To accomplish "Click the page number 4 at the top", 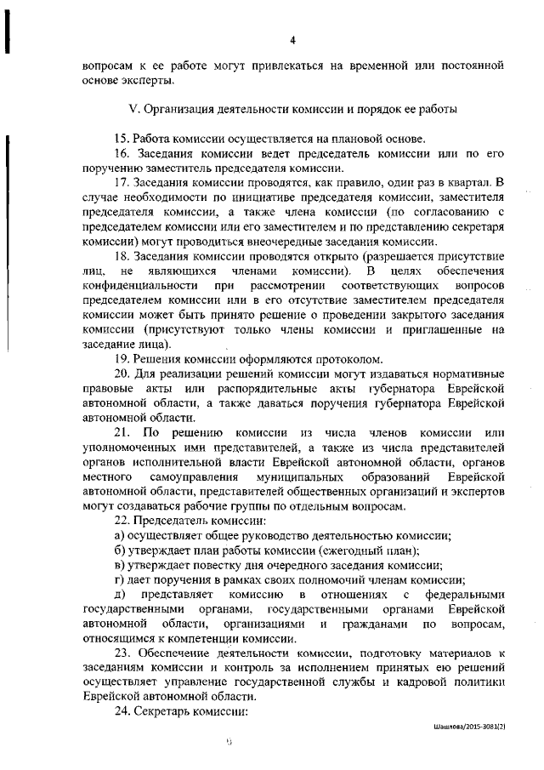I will pos(292,40).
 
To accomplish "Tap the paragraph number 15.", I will pos(120,139).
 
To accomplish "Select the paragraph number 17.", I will pos(120,182).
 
